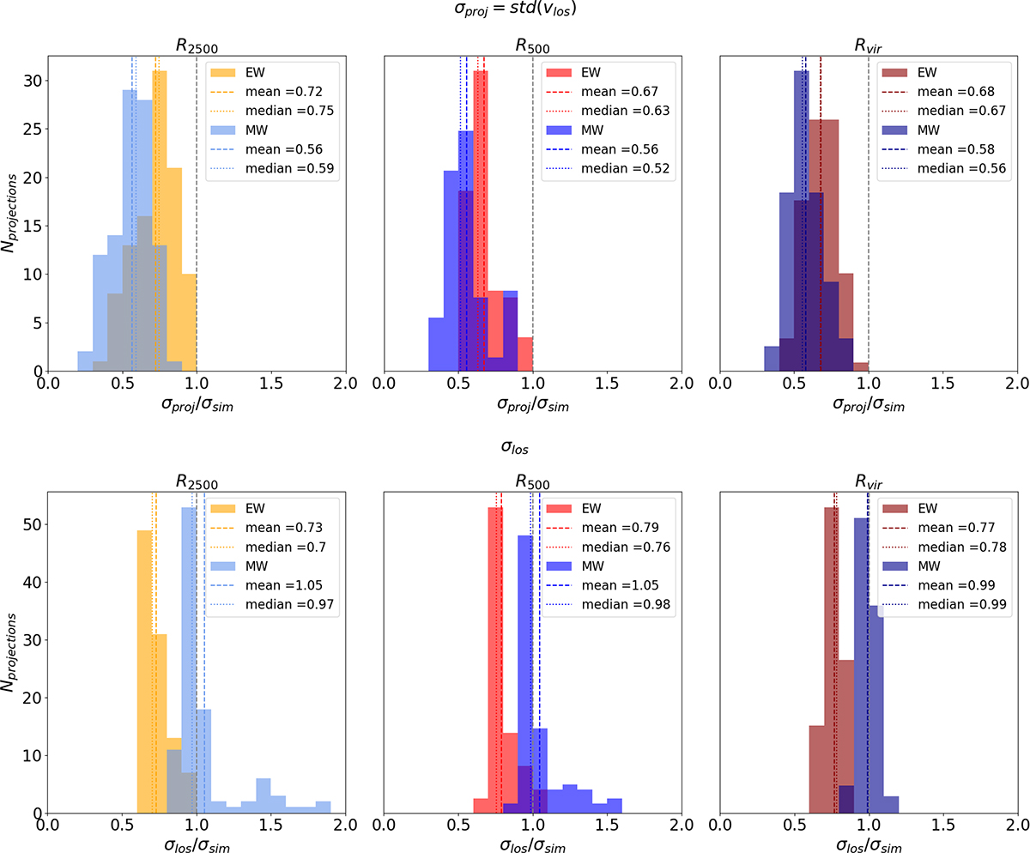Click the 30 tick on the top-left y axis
tap(33, 81)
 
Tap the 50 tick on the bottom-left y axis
tap(33, 524)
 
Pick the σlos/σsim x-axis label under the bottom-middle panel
tap(532, 840)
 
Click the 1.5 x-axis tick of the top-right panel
tap(942, 384)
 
